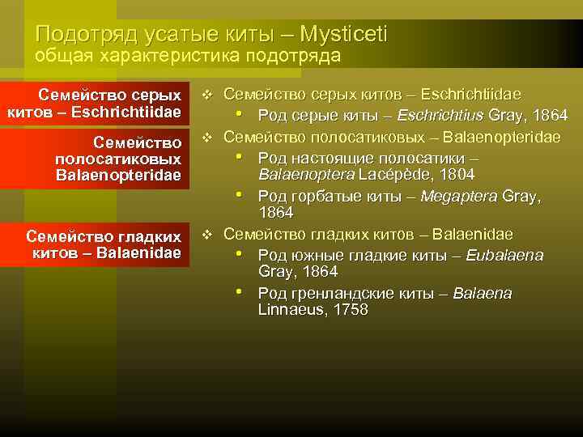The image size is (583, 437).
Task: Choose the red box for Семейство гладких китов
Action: pyautogui.click(x=95, y=244)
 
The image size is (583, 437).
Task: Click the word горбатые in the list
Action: pyautogui.click(x=318, y=196)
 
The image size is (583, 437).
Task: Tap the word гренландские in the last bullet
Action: pyautogui.click(x=340, y=293)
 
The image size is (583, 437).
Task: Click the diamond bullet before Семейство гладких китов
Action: pyautogui.click(x=207, y=235)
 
